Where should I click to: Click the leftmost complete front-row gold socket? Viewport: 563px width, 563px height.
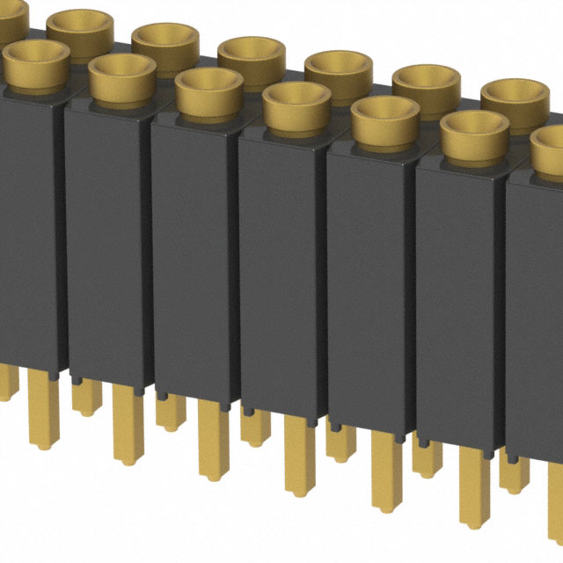point(36,62)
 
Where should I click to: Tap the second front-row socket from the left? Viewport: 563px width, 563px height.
point(122,76)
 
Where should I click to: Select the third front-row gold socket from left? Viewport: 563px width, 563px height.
point(208,90)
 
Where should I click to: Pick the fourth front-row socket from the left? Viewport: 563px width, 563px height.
point(296,106)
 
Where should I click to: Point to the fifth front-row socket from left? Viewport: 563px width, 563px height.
point(385,120)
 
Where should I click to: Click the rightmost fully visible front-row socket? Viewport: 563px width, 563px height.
point(474,135)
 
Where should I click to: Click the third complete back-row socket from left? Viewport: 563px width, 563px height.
point(252,55)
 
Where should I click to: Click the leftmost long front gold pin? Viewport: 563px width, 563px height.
point(40,413)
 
